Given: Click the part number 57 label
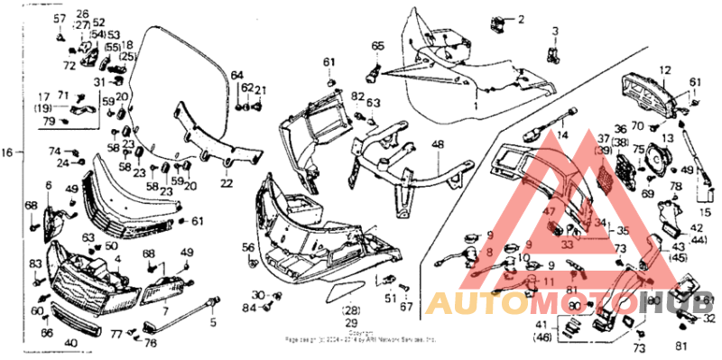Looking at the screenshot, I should (x=60, y=19).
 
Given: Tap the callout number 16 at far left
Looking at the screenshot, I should (x=9, y=152).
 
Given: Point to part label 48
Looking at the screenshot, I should (x=437, y=144).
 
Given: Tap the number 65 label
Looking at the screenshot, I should (x=377, y=45).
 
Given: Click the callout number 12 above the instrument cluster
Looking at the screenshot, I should (x=664, y=69).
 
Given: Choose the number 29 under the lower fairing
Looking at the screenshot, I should (x=350, y=322).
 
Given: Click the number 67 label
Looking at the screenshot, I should (x=406, y=307).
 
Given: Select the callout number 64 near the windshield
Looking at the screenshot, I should (x=236, y=75).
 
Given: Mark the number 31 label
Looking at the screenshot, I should (x=100, y=82).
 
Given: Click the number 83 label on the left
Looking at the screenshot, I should (x=36, y=263).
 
